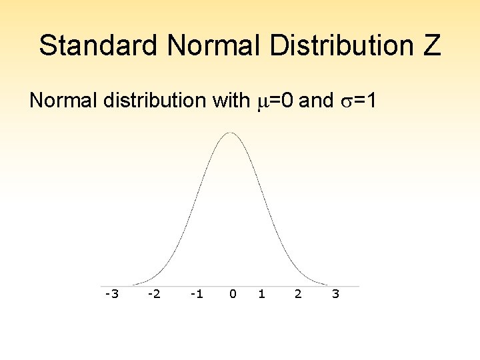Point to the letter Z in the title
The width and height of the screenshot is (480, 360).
point(431,45)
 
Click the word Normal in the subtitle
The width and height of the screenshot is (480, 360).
point(63,101)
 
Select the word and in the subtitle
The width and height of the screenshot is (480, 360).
point(317,101)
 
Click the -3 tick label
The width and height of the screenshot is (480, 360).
point(111,293)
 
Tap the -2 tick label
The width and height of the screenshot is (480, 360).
point(153,293)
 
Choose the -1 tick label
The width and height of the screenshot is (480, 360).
point(196,293)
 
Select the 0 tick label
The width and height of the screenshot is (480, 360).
point(232,293)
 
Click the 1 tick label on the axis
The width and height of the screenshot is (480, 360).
point(261,293)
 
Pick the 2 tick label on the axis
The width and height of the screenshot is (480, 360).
point(298,293)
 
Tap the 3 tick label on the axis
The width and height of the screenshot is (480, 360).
point(335,293)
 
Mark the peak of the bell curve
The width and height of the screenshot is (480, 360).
point(230,133)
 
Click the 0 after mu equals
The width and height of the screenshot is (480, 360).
point(287,101)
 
